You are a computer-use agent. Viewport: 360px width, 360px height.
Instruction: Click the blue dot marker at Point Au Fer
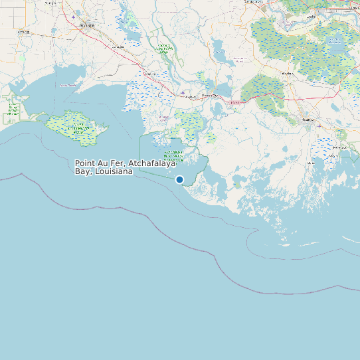pyautogui.click(x=179, y=179)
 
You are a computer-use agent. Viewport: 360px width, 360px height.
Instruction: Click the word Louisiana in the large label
pyautogui.click(x=114, y=171)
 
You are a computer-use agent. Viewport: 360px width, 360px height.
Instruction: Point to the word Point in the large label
pyautogui.click(x=85, y=163)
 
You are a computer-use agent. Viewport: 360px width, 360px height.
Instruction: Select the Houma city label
pyautogui.click(x=307, y=119)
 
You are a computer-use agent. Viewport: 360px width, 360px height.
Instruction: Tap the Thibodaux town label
pyautogui.click(x=287, y=73)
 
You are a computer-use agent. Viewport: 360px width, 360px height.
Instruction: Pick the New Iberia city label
pyautogui.click(x=86, y=25)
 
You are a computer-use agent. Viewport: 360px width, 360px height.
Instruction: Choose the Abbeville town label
pyautogui.click(x=23, y=31)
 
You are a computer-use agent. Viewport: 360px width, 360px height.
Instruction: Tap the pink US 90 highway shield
pyautogui.click(x=234, y=102)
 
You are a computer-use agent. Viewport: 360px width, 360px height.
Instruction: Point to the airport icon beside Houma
pyautogui.click(x=319, y=126)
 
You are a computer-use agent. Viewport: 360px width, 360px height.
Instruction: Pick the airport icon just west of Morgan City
pyautogui.click(x=183, y=92)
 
